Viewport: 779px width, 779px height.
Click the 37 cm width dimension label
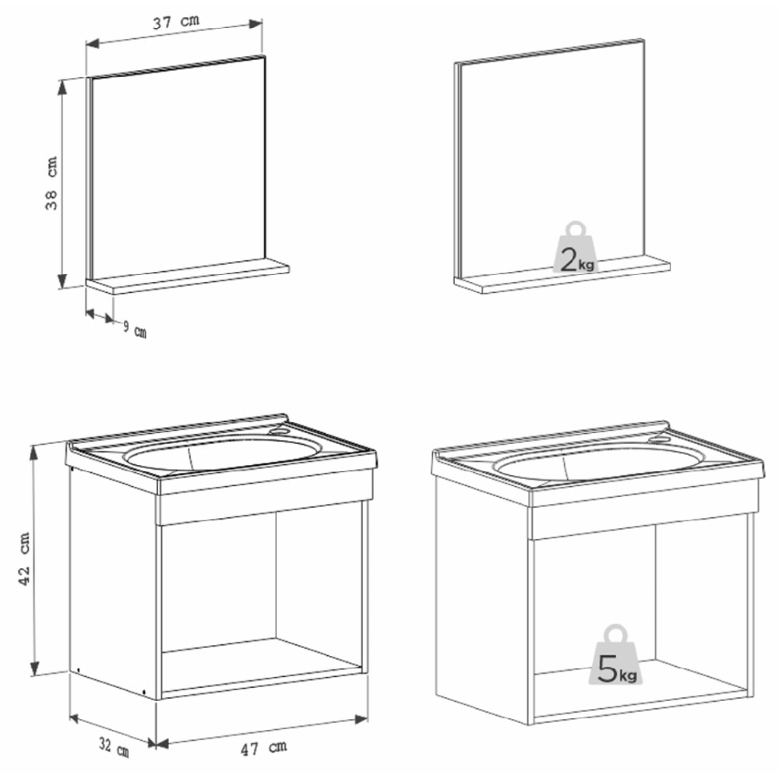174,23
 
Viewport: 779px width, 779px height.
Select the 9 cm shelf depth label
134,329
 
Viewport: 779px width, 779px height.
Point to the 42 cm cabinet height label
25,559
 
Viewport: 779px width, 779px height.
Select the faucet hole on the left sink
281,428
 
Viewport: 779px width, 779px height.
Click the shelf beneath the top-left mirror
188,277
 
